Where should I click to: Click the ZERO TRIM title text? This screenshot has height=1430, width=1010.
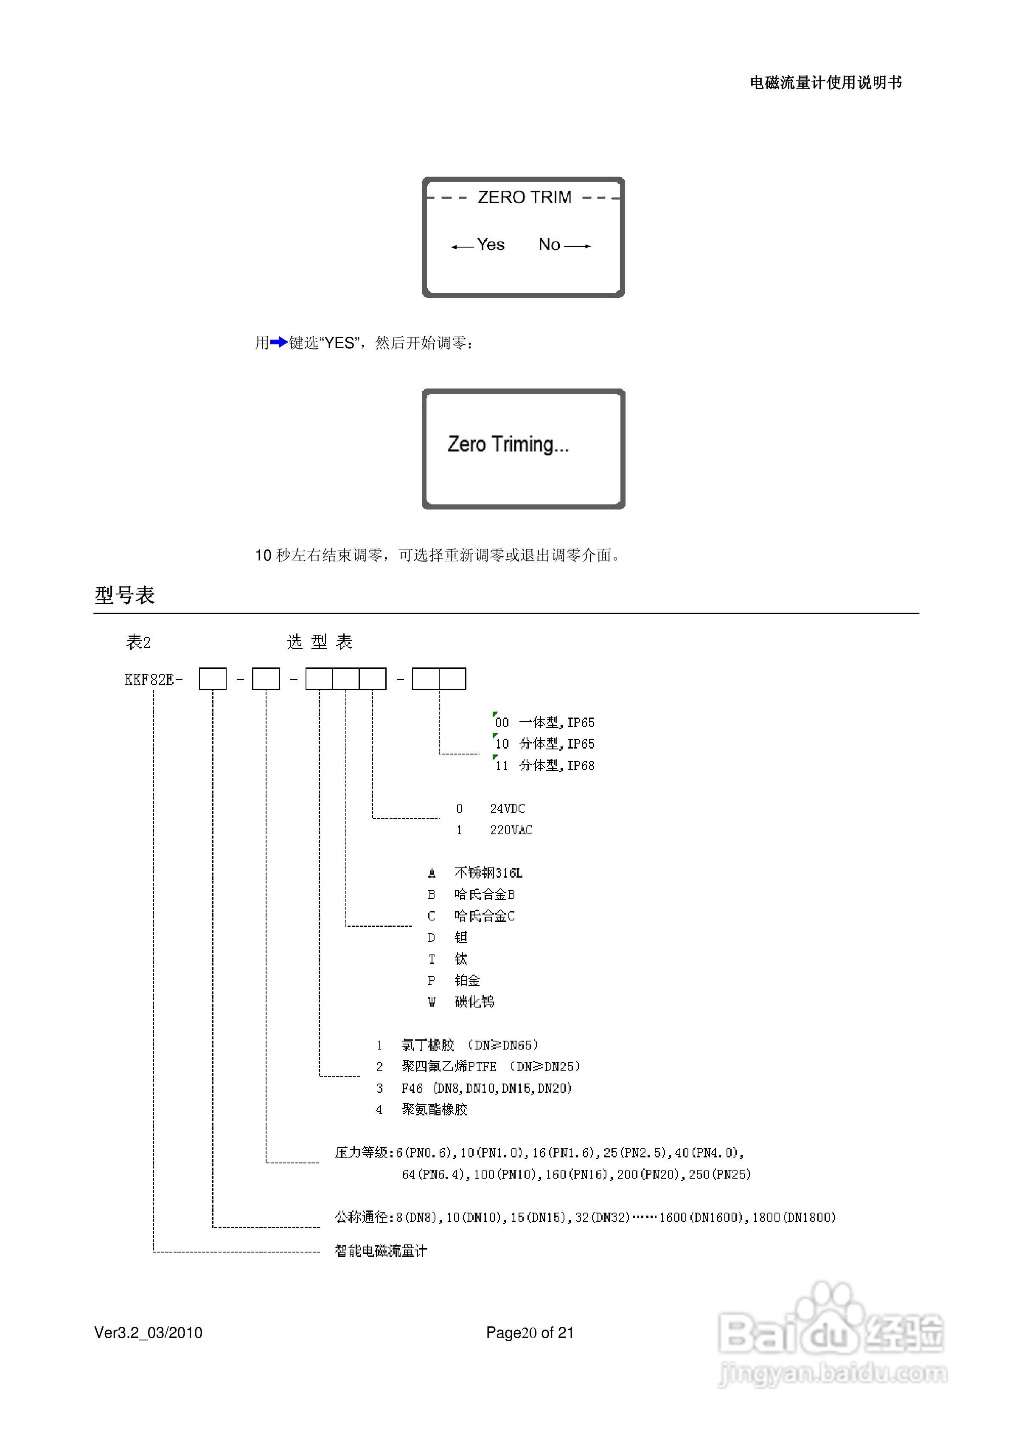click(524, 197)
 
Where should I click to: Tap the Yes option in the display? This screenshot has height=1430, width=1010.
click(490, 245)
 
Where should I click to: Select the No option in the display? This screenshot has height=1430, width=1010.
click(549, 245)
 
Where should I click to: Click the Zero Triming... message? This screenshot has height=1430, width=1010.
click(508, 445)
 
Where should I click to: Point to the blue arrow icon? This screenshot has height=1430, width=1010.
click(278, 342)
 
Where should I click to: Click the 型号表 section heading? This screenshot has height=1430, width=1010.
click(124, 595)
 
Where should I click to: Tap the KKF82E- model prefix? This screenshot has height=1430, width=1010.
click(154, 679)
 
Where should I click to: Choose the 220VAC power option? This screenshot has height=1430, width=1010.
click(511, 830)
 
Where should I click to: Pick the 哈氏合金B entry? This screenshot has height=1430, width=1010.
click(485, 894)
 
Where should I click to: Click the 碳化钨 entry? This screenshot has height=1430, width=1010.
click(474, 1002)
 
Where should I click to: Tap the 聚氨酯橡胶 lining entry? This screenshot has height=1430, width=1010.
click(434, 1109)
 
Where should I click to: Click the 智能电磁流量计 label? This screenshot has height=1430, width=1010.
click(381, 1251)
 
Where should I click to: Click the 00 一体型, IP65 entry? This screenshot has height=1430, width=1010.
click(545, 723)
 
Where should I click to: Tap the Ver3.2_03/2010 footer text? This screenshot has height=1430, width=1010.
click(148, 1332)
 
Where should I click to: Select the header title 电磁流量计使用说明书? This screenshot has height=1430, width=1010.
click(826, 83)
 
